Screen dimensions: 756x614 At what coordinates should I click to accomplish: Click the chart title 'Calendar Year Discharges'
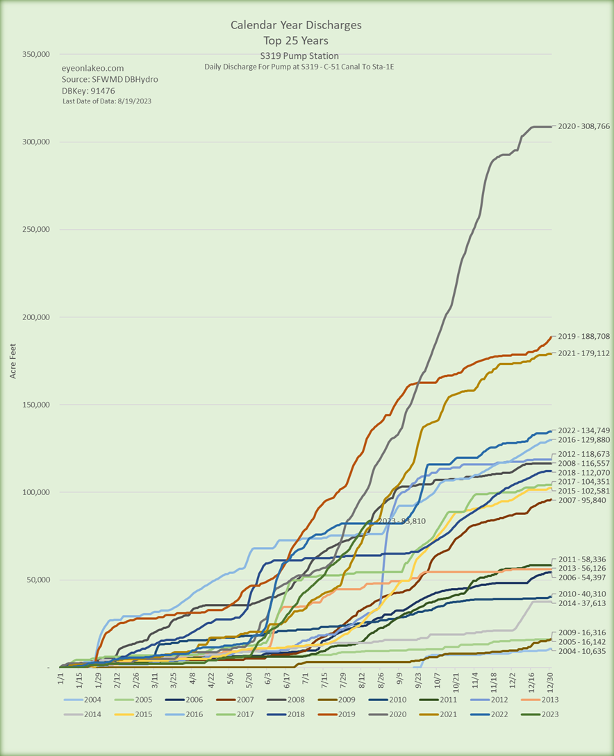[296, 25]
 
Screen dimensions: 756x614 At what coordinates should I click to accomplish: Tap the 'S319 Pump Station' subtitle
[295, 56]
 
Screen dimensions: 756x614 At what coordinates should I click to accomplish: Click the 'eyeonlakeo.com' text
[93, 68]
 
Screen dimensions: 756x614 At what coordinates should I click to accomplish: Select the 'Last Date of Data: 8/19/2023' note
[107, 101]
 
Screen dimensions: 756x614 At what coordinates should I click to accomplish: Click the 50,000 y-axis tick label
[37, 580]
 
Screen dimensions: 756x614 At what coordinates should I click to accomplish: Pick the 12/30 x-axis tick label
[551, 680]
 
